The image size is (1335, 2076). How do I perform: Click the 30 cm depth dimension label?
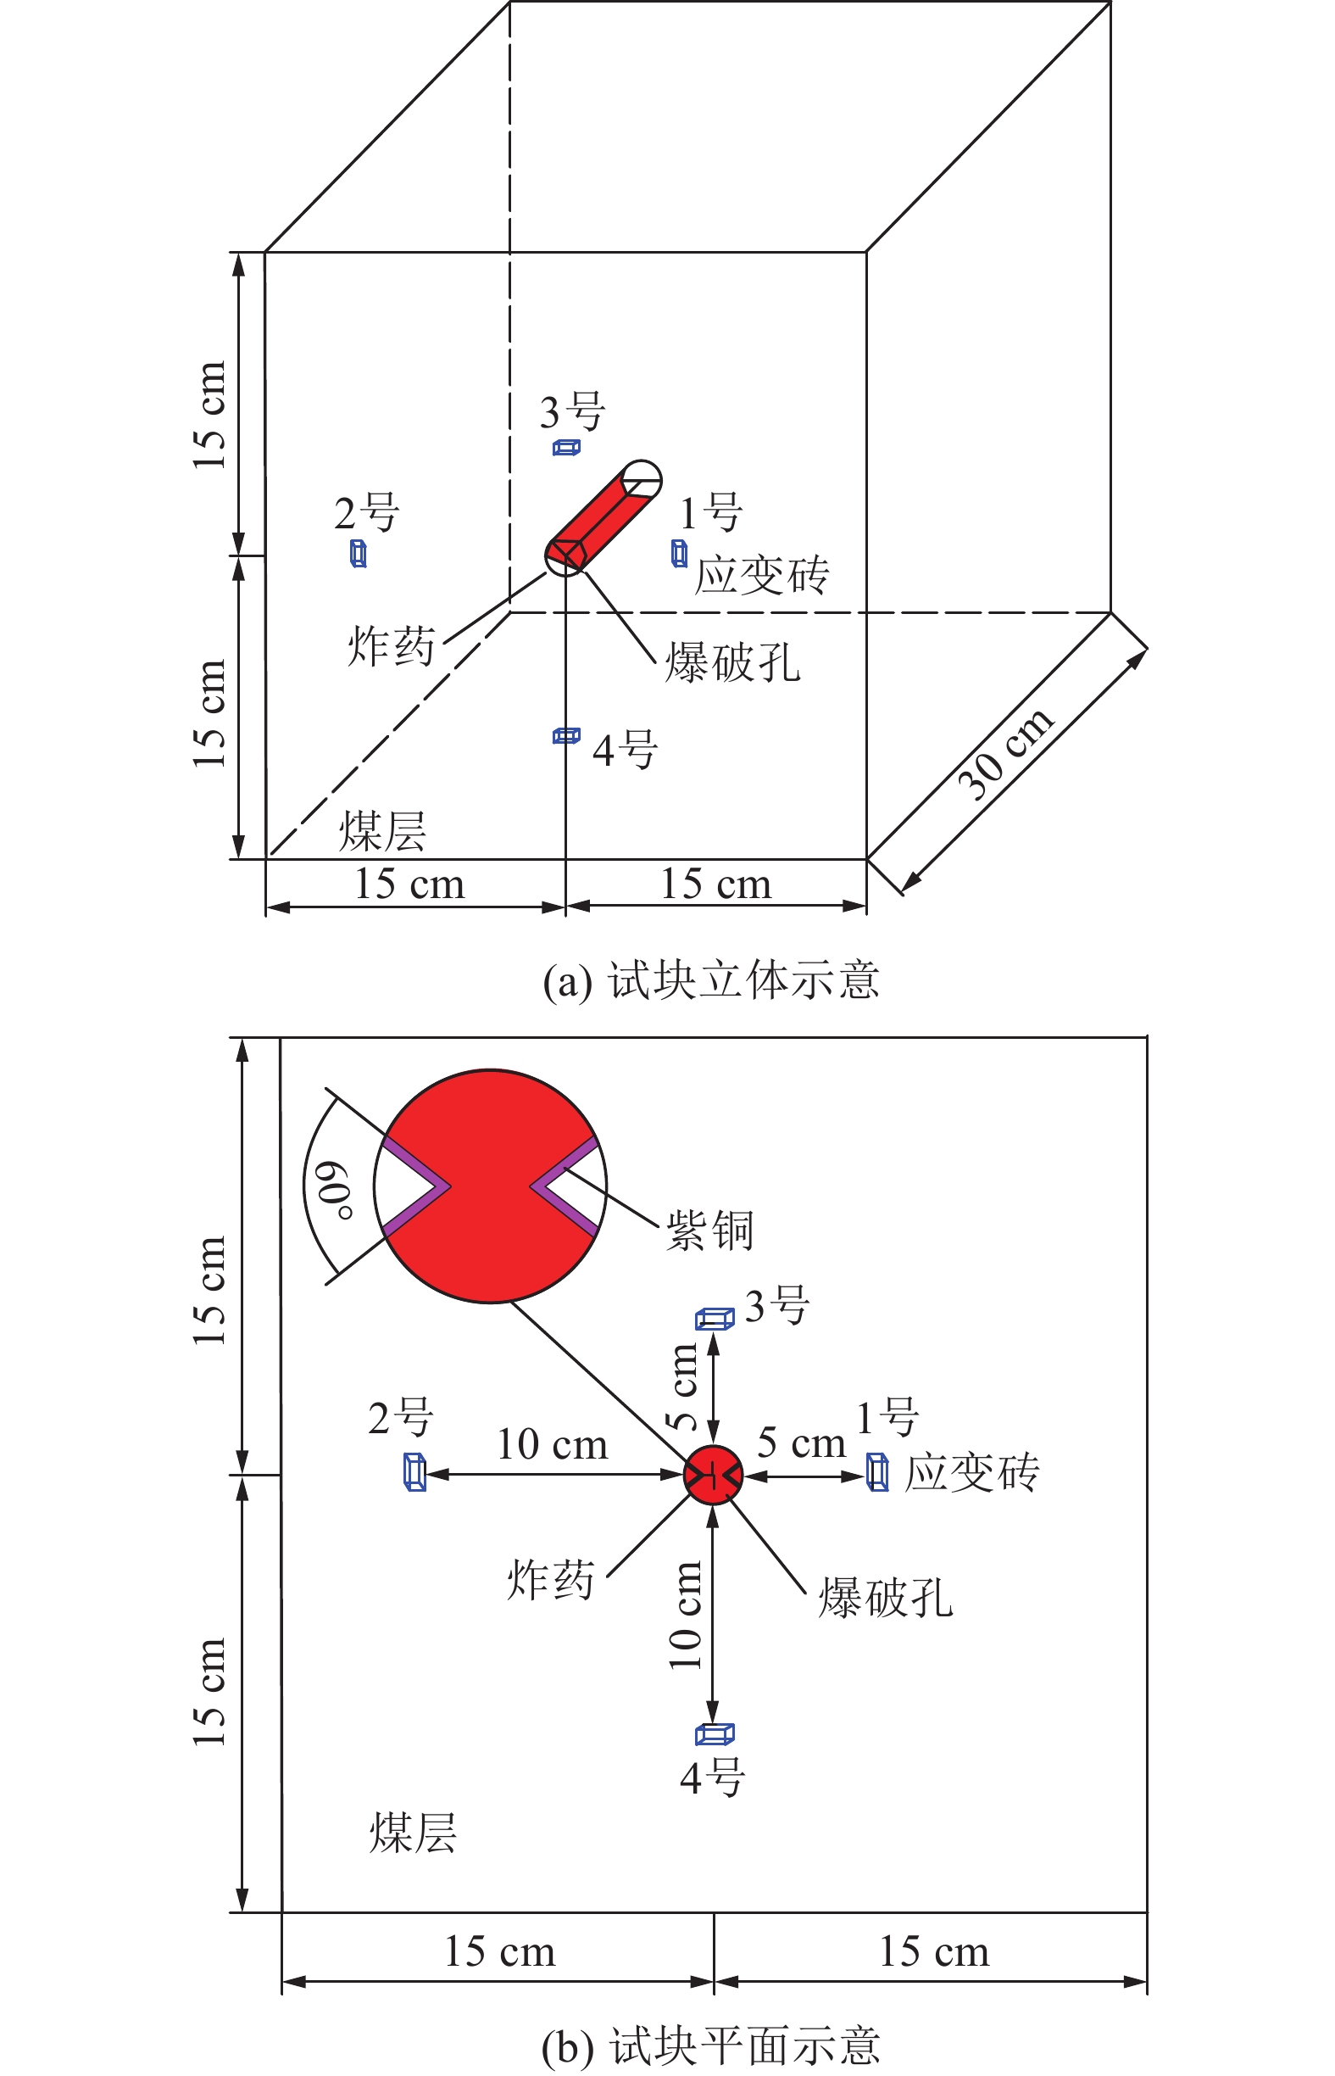[1005, 754]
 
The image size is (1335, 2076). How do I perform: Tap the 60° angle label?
[333, 1190]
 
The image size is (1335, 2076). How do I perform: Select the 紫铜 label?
[709, 1230]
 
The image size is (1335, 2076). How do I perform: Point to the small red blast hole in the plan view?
[713, 1474]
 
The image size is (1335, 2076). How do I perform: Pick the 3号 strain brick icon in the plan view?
[715, 1319]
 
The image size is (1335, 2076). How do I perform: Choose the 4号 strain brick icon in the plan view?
[715, 1733]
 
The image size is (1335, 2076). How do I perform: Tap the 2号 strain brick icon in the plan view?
[414, 1471]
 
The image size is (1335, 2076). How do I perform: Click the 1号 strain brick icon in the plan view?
[877, 1472]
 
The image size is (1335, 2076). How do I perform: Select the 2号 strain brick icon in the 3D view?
[358, 553]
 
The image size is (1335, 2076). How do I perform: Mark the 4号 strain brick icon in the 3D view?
[566, 736]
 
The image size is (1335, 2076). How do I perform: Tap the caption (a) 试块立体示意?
[711, 982]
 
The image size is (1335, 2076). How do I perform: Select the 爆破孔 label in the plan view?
[885, 1598]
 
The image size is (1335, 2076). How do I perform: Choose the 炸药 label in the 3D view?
[391, 646]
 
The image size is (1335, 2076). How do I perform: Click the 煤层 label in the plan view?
[413, 1833]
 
